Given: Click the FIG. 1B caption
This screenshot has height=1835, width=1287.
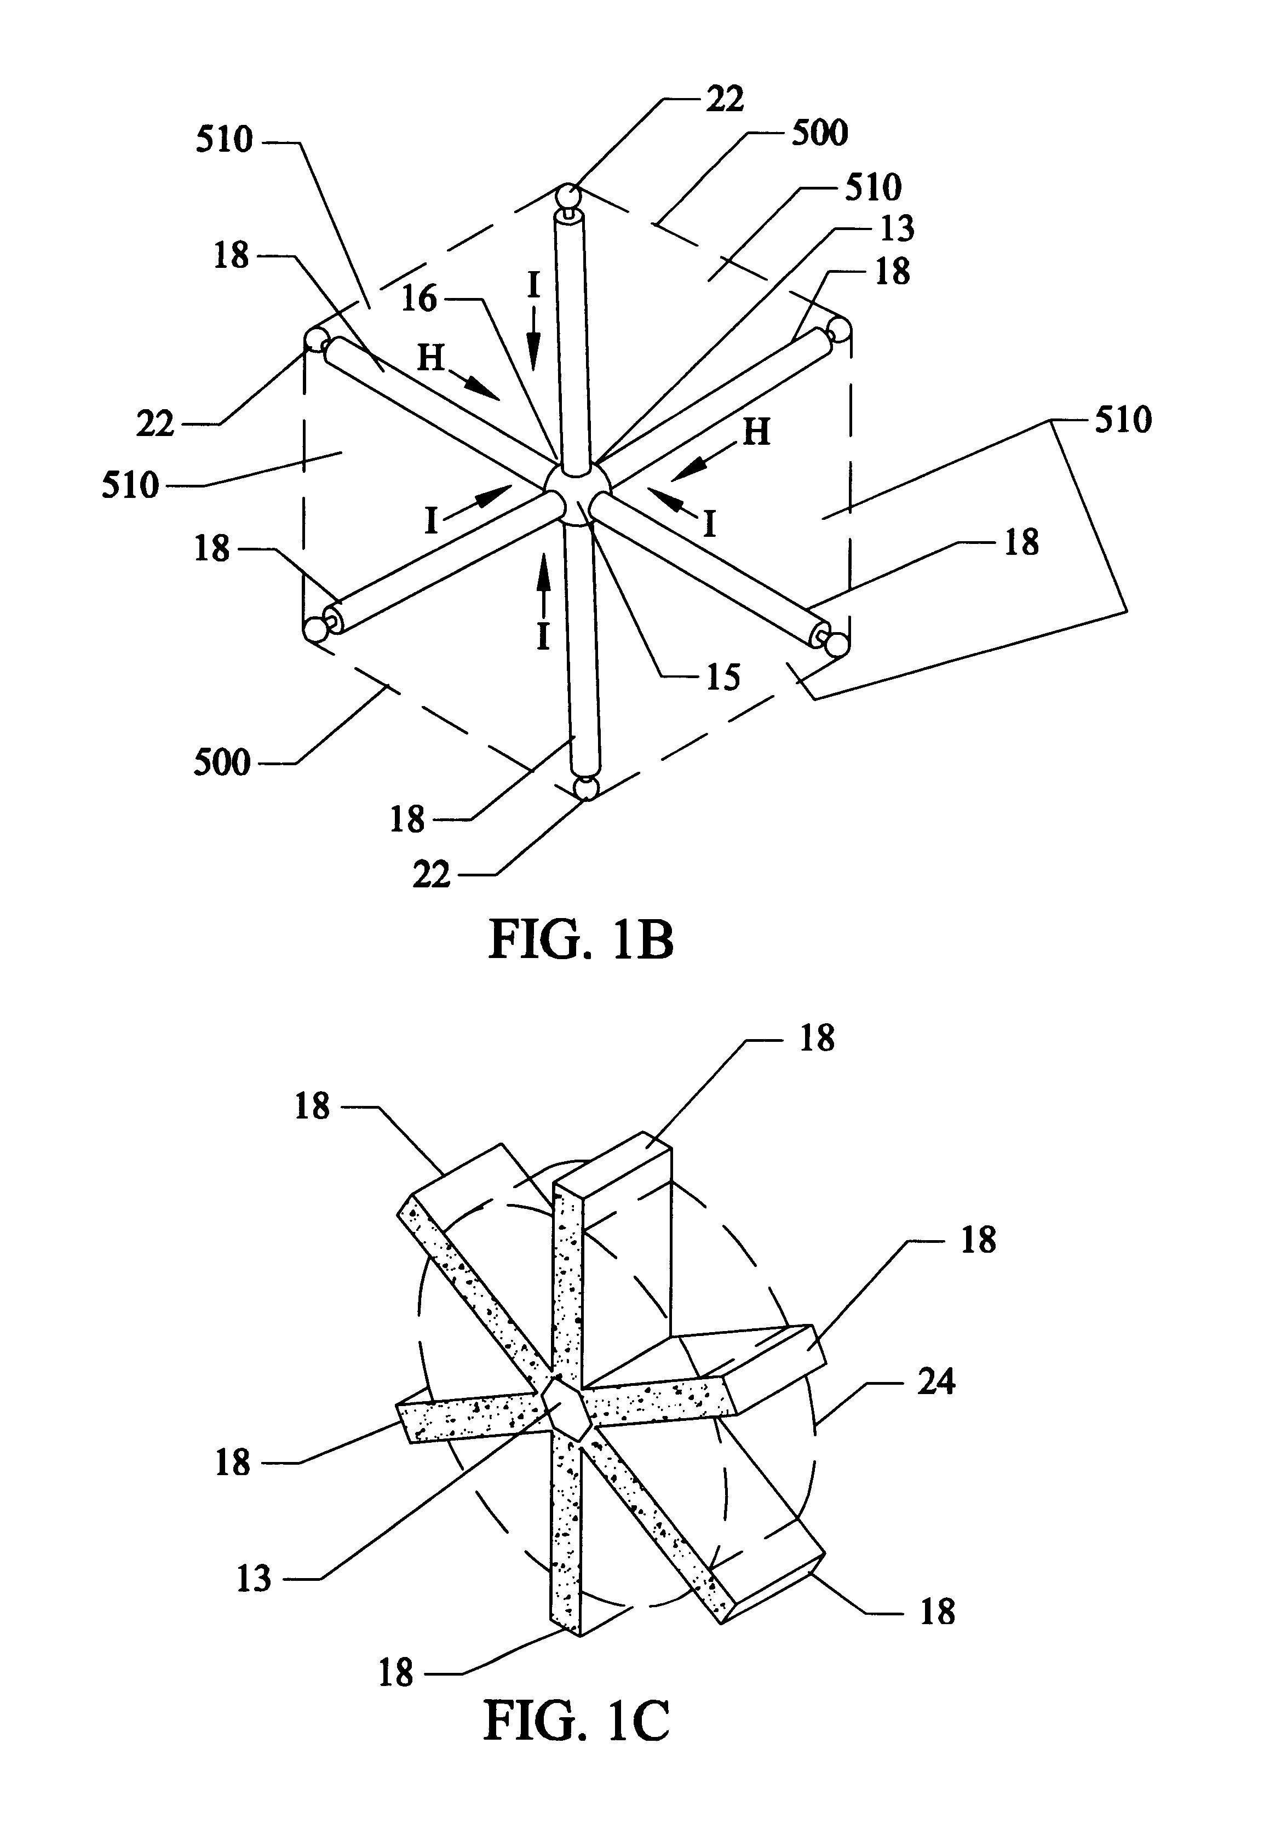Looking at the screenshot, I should (581, 940).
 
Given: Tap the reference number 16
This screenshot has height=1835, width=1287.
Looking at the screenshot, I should (418, 299).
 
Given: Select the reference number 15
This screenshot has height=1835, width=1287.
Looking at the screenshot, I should (722, 677).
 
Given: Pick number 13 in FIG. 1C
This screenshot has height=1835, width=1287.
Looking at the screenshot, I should (254, 1579).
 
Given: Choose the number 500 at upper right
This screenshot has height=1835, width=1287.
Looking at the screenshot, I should (819, 133).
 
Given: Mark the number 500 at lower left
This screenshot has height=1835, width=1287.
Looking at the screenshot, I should (222, 762).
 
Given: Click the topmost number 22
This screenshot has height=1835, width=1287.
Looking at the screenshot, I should (724, 99).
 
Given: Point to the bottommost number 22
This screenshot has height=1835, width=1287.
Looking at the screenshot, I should (432, 876).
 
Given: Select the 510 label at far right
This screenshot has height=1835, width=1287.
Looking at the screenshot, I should (1123, 420).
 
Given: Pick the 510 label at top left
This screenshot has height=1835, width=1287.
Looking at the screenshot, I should (225, 140).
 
